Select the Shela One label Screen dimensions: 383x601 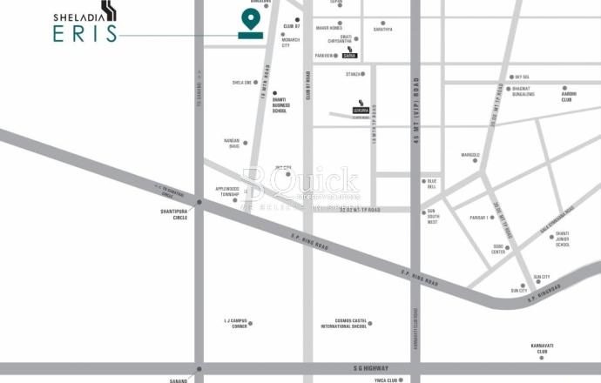tap(241, 83)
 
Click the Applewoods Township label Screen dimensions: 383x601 tap(226, 191)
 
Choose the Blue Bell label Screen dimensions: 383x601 tap(432, 184)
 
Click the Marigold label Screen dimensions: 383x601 tap(470, 155)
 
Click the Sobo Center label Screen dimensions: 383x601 tap(499, 249)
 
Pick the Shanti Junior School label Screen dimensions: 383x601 tap(562, 239)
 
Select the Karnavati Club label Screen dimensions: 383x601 tap(543, 348)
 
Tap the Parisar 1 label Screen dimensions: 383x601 tap(480, 218)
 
